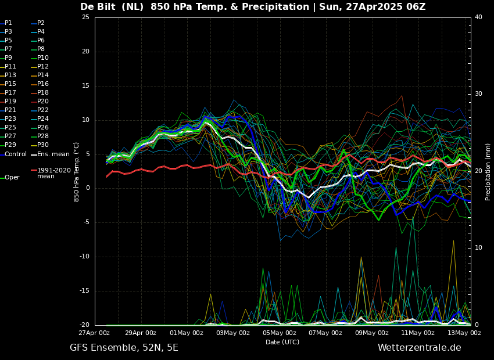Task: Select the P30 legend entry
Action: (43, 145)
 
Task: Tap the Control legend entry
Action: (16, 154)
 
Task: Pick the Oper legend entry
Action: (12, 178)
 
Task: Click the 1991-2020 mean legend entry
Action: (53, 173)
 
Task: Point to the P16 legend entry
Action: (43, 84)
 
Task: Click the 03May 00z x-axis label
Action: (233, 333)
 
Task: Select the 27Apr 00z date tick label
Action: (95, 333)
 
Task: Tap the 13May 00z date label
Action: (464, 333)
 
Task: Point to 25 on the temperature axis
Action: (85, 17)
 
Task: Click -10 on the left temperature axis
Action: (84, 257)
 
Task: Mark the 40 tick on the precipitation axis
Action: (478, 17)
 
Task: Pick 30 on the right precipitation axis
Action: (478, 94)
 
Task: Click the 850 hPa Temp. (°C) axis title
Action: (77, 171)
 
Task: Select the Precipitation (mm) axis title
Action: (488, 171)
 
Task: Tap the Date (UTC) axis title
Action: (282, 342)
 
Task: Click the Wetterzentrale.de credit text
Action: (419, 348)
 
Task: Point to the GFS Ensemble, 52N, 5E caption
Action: (124, 348)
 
